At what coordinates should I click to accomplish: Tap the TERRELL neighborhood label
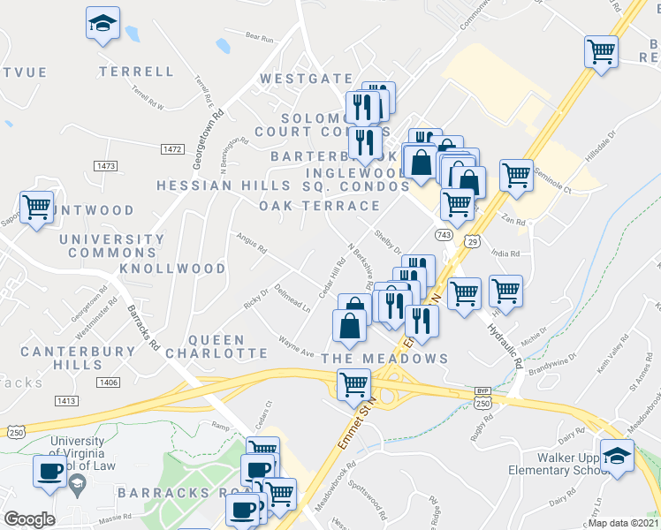(x=137, y=72)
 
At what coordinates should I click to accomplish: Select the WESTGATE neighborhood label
(x=306, y=79)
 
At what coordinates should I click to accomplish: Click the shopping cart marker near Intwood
(x=37, y=208)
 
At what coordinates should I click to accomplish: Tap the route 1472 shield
(x=172, y=150)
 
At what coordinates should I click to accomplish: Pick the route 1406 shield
(x=109, y=382)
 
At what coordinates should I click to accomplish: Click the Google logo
(x=29, y=519)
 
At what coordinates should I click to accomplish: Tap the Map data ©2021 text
(x=623, y=522)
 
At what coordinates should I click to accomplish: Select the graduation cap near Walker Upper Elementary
(x=616, y=455)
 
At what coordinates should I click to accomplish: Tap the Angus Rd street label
(x=251, y=242)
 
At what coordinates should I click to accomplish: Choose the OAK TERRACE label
(x=319, y=206)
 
